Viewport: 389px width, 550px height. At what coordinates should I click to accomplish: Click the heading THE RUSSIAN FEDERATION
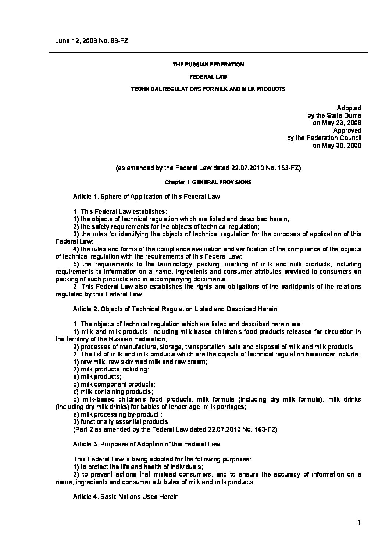coord(208,65)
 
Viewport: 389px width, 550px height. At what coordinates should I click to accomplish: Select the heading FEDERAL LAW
coord(208,77)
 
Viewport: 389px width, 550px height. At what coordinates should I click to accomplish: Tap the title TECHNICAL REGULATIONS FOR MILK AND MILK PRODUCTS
coord(208,89)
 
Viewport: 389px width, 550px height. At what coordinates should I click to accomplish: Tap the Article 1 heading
coord(146,197)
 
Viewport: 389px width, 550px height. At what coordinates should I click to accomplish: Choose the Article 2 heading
coord(175,309)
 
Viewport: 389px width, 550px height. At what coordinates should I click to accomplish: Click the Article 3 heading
coord(147,444)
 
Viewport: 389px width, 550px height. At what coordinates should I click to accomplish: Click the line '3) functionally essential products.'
coord(121,421)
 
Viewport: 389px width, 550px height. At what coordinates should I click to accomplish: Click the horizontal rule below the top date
coord(208,52)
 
